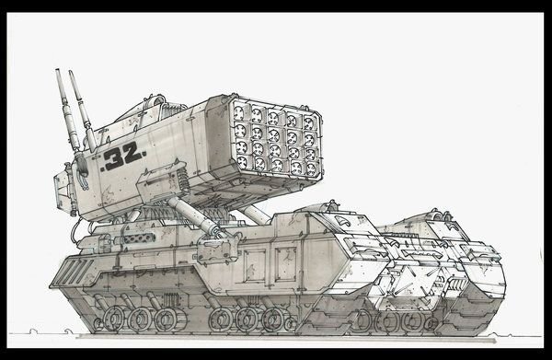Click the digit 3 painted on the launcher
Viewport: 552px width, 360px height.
tap(114, 159)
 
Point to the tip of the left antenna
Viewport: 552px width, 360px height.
tap(57, 70)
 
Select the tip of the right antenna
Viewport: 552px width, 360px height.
tap(71, 72)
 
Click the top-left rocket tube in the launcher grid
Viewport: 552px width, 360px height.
tap(239, 112)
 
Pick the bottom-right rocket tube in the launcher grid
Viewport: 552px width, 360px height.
tap(311, 169)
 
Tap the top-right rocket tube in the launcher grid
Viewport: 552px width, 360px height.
tap(309, 123)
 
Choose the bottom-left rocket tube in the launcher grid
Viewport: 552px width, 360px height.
tap(242, 161)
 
